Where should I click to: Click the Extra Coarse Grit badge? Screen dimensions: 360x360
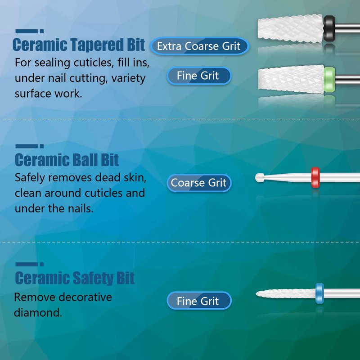(199, 46)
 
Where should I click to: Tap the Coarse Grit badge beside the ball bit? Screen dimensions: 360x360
(199, 183)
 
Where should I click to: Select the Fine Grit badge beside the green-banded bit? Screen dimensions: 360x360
(199, 76)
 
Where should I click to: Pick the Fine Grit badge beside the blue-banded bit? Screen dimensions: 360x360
(199, 301)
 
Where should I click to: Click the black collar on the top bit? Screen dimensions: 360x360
(329, 28)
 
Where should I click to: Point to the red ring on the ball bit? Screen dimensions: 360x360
(315, 177)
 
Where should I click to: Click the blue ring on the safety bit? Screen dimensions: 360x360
(319, 293)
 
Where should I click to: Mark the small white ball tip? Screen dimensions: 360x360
(260, 177)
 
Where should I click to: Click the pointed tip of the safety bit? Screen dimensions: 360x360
(256, 293)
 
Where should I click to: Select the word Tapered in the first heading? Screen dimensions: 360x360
(97, 45)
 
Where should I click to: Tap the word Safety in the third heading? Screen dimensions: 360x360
(93, 278)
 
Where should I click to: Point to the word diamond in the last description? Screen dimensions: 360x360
(38, 312)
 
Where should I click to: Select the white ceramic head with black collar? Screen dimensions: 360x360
(290, 28)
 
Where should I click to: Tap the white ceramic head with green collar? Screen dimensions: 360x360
(291, 80)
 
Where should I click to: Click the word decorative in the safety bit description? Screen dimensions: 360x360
(84, 297)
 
